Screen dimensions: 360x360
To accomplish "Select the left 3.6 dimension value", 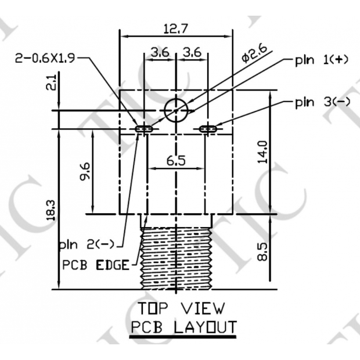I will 160,52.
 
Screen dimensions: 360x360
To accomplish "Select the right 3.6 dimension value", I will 192,52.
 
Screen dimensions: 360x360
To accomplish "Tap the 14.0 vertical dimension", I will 263,152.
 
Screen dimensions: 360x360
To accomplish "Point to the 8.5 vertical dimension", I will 263,251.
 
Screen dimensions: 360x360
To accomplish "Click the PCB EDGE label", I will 96,265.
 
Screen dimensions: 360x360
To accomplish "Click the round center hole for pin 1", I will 175,109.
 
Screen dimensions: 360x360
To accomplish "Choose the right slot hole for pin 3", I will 208,128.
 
